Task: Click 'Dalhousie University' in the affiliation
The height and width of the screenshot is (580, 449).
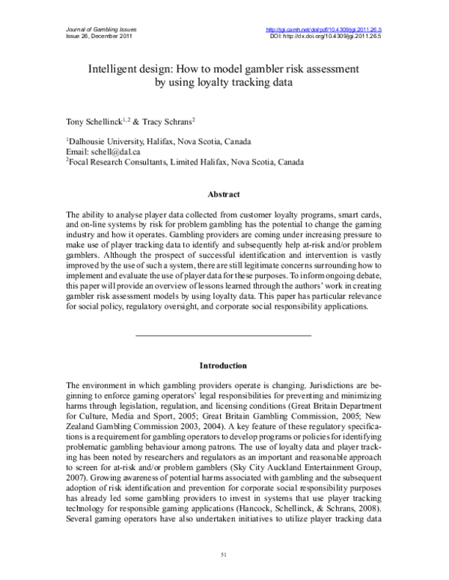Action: pyautogui.click(x=105, y=141)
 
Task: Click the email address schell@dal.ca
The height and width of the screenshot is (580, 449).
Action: pyautogui.click(x=106, y=150)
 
